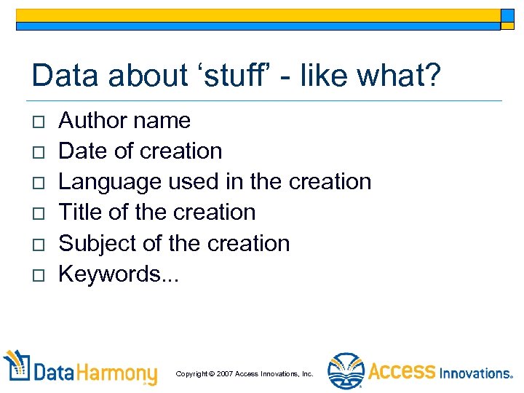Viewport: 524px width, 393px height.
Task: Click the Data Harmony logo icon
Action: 16,368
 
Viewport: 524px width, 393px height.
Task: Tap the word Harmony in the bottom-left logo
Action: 116,373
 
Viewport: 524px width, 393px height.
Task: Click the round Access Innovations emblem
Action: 346,371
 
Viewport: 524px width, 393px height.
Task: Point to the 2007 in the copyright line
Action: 223,374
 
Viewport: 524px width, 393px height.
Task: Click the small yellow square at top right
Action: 507,16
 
